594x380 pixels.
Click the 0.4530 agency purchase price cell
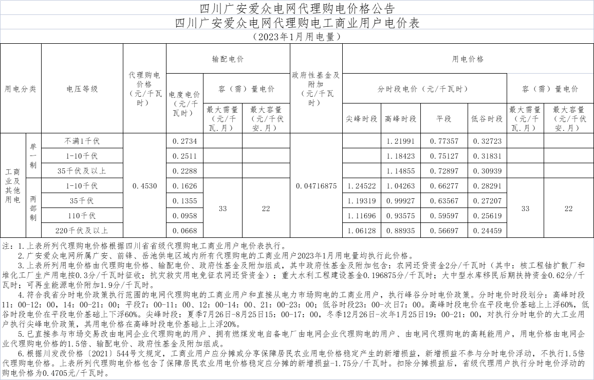coord(144,186)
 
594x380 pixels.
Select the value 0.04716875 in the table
coord(316,186)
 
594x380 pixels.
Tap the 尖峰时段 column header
coord(361,119)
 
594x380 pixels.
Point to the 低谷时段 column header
coord(487,119)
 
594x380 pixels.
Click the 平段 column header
coord(444,119)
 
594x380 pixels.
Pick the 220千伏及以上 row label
coord(82,231)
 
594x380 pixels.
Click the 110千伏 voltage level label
coord(82,216)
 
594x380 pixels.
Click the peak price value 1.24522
coord(361,186)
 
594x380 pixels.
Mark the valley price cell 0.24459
coord(487,231)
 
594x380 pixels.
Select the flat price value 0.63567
coord(444,201)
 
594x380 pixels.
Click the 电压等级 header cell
coord(82,89)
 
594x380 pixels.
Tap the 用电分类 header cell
coord(21,89)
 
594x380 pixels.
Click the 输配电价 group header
coord(228,59)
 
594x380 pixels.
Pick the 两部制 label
coord(33,208)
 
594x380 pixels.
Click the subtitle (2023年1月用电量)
coord(297,37)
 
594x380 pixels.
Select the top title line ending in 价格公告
coord(297,8)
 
